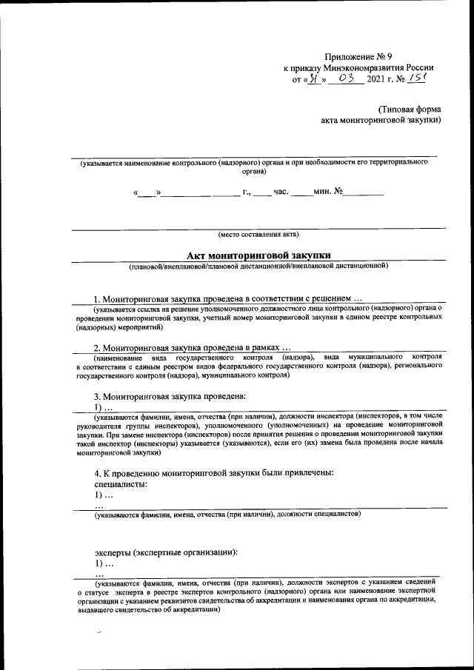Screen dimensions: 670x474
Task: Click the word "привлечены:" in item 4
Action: [304, 472]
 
